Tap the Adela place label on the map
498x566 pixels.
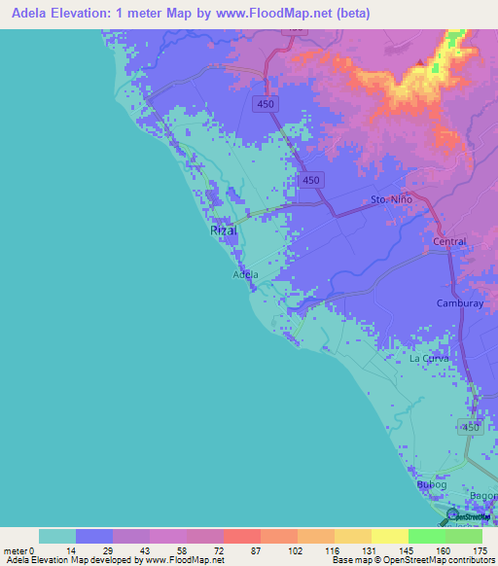246,274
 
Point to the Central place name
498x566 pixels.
449,240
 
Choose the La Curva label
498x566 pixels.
428,358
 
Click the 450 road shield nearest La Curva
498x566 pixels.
470,427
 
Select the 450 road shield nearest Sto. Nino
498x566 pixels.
311,181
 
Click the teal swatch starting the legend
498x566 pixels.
56,536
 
